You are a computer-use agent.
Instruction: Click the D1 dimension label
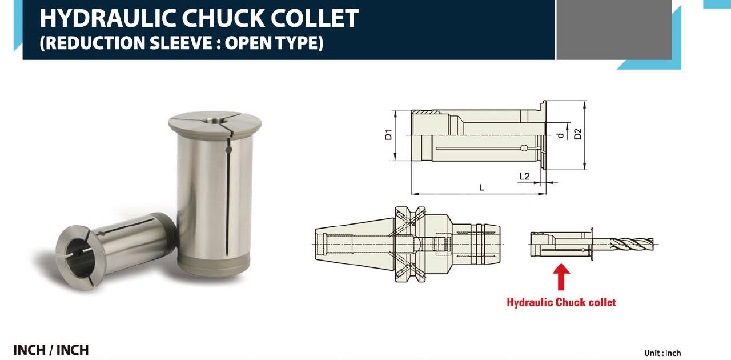[x=388, y=135]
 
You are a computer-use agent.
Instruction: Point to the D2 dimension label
[x=577, y=134]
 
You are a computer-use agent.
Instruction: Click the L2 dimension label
[x=524, y=177]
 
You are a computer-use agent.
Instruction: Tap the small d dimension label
[x=560, y=135]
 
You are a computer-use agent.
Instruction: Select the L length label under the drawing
[x=481, y=187]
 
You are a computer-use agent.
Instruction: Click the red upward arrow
[x=561, y=277]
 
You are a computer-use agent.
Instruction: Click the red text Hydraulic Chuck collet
[x=561, y=302]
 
